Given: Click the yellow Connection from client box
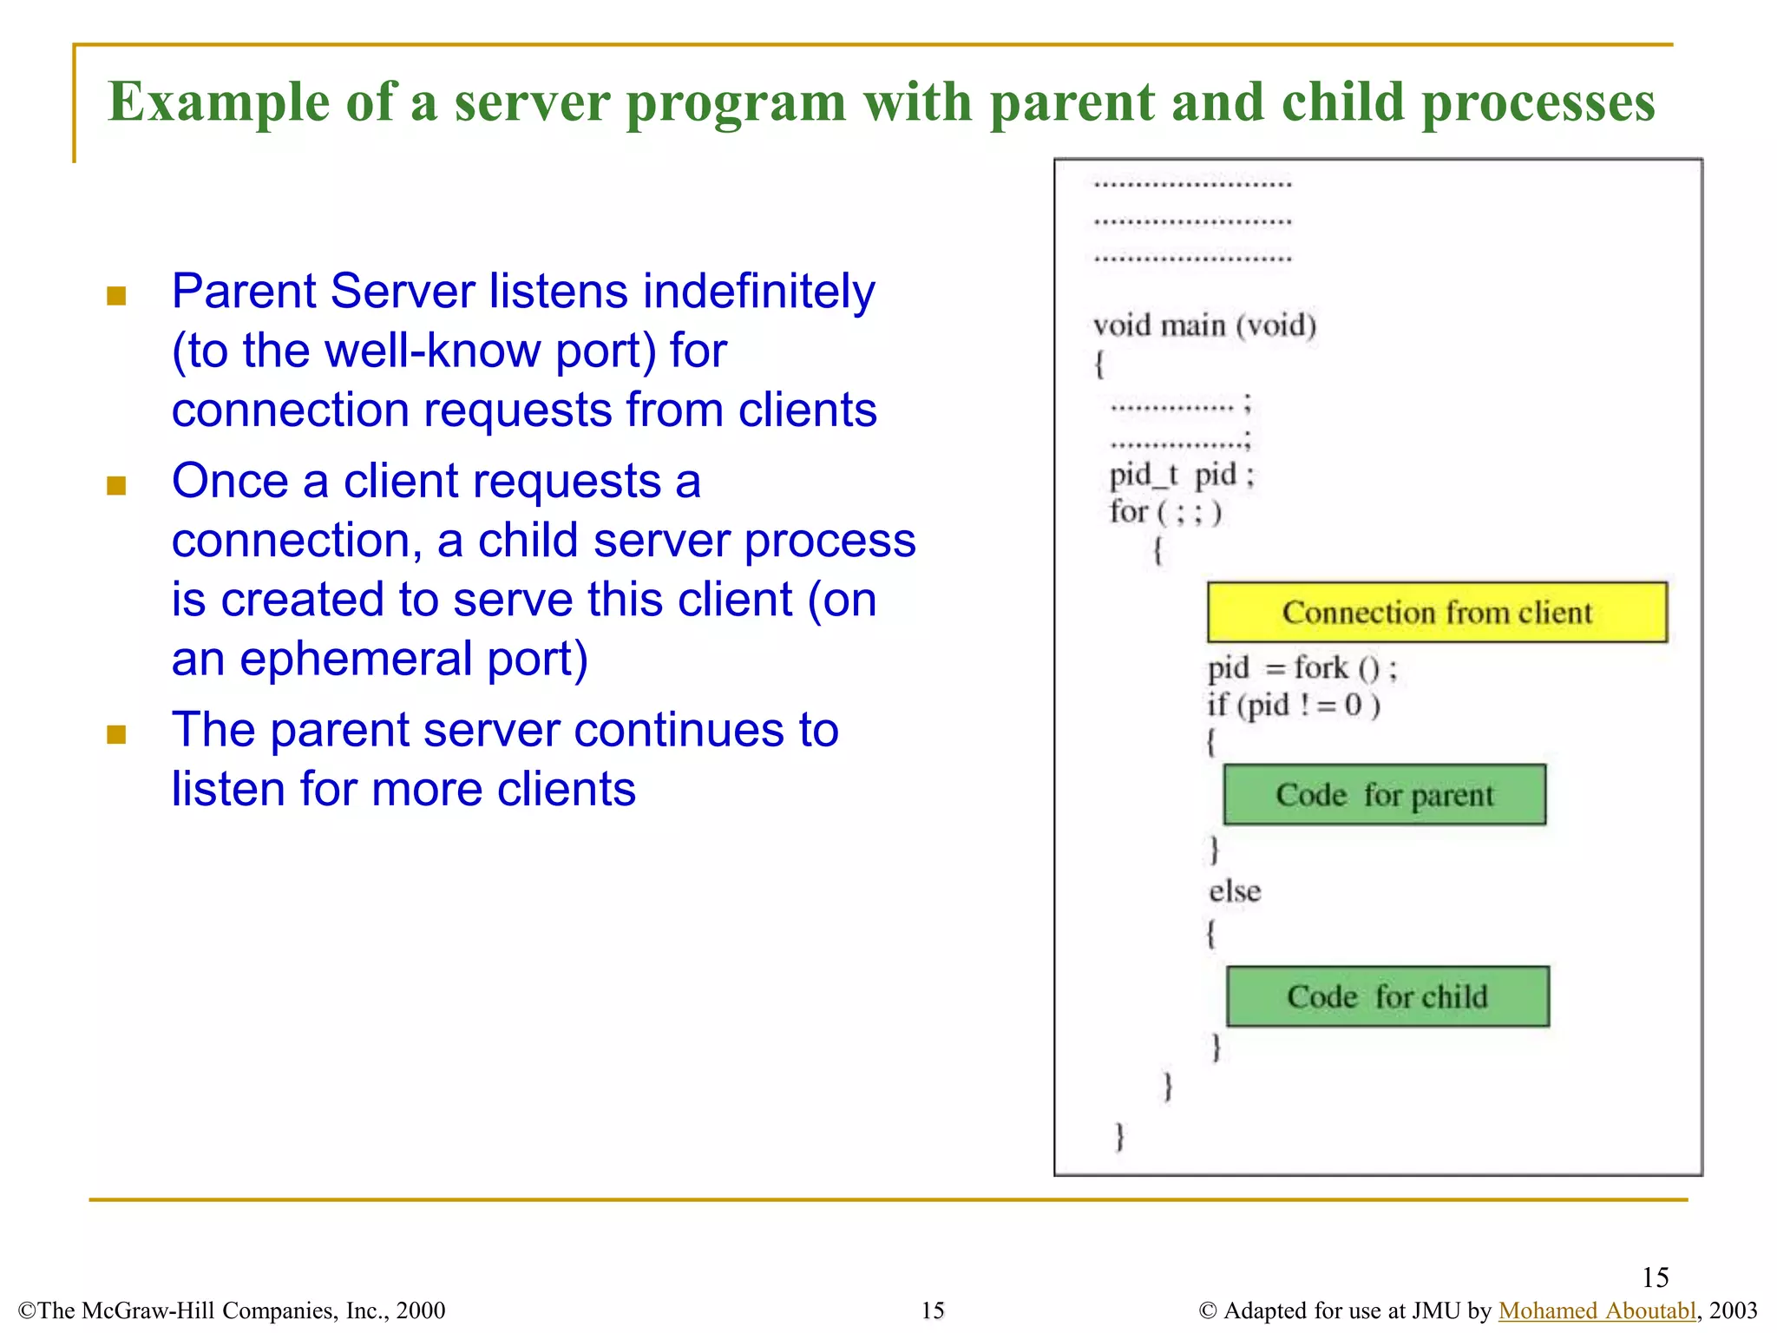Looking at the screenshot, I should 1437,613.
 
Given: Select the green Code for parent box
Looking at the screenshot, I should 1384,795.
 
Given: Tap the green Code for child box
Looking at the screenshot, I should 1387,996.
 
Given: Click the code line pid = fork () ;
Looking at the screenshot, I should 1302,668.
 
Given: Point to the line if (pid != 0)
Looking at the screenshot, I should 1293,705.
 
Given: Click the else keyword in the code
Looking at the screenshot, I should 1235,891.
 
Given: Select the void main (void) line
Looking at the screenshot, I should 1204,325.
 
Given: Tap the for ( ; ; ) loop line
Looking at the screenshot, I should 1164,512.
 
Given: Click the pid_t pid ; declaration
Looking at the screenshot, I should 1181,475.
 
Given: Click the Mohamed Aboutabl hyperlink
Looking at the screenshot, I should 1597,1310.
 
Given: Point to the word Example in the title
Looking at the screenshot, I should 218,102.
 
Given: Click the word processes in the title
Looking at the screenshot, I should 1538,102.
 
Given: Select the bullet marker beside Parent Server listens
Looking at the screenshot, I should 116,297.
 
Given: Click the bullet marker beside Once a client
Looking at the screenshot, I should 116,485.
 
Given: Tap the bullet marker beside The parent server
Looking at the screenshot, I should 116,735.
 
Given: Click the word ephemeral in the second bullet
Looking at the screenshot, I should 354,660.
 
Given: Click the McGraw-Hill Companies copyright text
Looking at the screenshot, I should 232,1310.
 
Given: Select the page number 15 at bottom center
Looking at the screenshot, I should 933,1310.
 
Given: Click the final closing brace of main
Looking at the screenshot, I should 1119,1135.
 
